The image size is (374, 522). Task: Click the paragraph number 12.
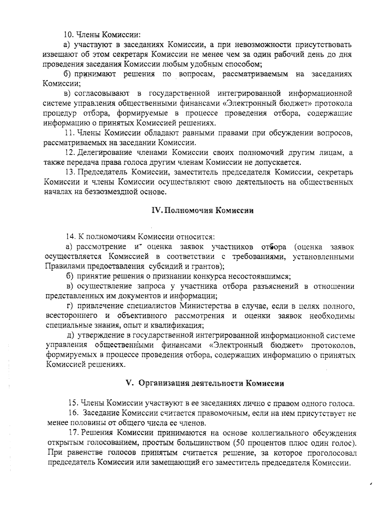(x=70, y=153)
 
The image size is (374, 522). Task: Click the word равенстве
(x=80, y=452)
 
